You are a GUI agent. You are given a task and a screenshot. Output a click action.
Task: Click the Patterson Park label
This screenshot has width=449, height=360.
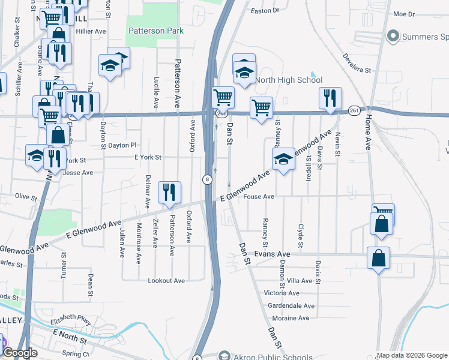(155, 30)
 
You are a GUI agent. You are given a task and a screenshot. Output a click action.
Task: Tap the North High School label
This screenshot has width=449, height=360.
(289, 80)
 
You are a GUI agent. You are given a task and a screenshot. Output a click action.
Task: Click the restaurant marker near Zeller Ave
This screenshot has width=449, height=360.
(169, 192)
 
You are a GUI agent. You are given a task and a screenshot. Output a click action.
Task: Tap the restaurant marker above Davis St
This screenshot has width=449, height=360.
(330, 98)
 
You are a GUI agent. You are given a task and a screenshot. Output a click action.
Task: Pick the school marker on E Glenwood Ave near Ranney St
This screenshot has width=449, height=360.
(283, 159)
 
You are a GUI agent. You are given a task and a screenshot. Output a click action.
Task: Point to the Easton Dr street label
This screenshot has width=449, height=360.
(265, 10)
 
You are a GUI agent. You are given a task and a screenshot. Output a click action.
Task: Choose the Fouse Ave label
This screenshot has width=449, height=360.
(260, 196)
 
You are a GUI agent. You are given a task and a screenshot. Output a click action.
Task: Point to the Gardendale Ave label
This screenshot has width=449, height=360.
(291, 305)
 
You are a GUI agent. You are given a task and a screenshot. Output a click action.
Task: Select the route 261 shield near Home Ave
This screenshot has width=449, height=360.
(354, 110)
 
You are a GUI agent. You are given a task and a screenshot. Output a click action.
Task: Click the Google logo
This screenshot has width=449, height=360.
(20, 353)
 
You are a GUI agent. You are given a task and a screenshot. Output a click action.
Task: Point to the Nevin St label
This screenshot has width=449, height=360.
(338, 146)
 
